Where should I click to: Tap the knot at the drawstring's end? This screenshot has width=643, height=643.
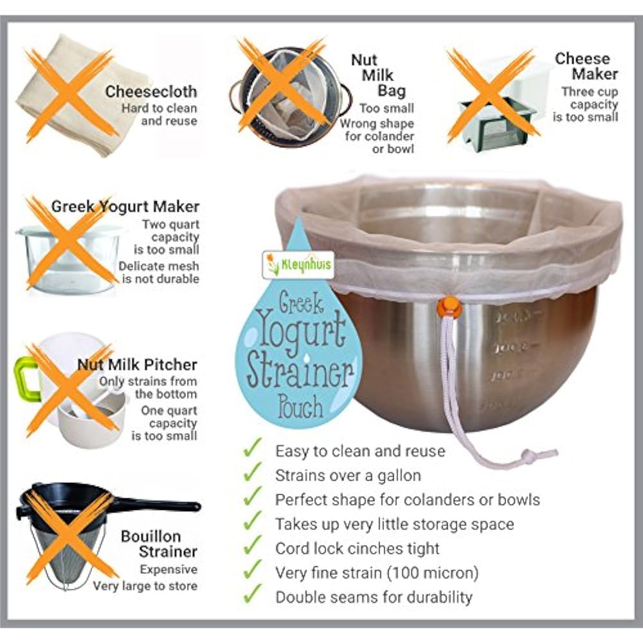(528, 457)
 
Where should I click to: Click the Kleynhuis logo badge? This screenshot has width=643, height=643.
(298, 264)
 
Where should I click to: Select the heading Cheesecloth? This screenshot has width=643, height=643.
(151, 92)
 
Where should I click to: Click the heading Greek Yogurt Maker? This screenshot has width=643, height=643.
(125, 206)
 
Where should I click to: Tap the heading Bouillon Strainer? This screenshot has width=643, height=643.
(159, 544)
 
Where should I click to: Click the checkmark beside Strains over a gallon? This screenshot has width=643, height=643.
(253, 474)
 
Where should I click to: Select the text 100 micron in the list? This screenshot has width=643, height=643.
(437, 572)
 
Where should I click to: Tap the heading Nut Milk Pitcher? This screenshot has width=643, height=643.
(137, 365)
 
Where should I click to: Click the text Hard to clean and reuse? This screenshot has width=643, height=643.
(159, 114)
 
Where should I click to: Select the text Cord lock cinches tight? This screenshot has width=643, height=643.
(357, 548)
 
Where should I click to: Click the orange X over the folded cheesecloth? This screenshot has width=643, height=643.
(69, 95)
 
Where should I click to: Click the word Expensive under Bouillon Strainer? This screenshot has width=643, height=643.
(168, 570)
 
